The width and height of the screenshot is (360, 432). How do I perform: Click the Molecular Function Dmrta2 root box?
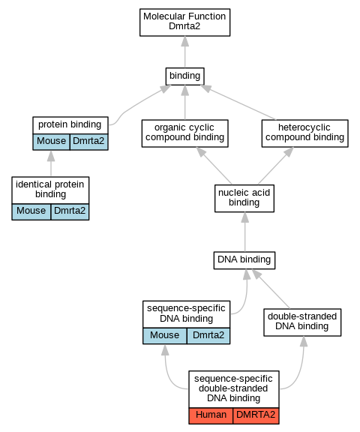pos(184,22)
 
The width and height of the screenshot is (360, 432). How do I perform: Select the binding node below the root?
pos(184,76)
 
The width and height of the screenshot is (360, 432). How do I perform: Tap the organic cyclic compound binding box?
pos(184,133)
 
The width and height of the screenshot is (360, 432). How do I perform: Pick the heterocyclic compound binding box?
pos(305,133)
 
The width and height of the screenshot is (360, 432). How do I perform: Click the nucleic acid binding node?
pos(244,198)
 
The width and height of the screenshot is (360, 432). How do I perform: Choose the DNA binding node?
pos(244,260)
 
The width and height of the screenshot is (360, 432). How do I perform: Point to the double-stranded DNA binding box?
pos(302,322)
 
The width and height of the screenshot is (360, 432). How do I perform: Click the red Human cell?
pos(211,415)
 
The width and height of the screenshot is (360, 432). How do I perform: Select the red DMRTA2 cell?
pos(256,415)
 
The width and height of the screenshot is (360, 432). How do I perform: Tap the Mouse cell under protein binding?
pos(51,142)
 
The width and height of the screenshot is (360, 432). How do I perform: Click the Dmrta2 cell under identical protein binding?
pos(70,211)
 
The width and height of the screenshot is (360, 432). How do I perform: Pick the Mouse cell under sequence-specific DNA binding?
pos(165,336)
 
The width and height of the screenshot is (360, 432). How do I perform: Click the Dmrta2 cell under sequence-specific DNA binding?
pos(208,336)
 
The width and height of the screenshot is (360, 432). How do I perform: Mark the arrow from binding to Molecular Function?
pos(185,52)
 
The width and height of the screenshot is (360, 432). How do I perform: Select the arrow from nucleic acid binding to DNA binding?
pos(244,232)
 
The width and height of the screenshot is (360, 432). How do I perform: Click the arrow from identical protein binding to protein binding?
pos(51,163)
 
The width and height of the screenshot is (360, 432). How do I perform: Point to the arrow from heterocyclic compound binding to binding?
pos(238,103)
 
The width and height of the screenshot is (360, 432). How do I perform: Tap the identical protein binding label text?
pos(50,189)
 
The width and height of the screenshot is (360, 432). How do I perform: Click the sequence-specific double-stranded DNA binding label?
pos(233,388)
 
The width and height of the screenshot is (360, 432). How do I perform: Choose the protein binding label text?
pos(70,124)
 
